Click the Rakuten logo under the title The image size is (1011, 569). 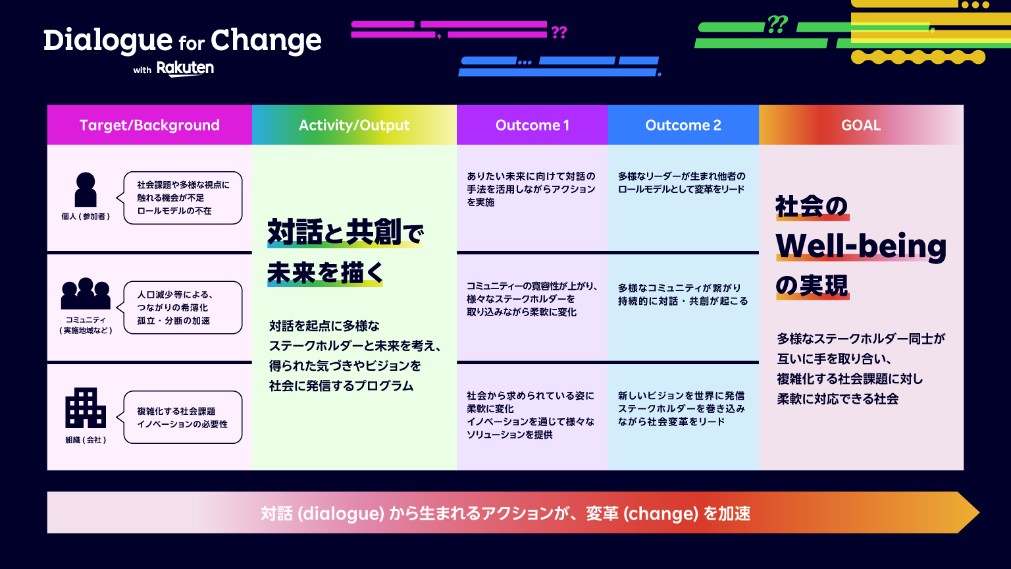click(185, 68)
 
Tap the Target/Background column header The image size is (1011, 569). click(149, 125)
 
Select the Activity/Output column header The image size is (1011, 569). click(354, 125)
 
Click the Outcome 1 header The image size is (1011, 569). click(532, 125)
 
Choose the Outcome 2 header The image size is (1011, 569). click(683, 125)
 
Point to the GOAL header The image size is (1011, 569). click(861, 125)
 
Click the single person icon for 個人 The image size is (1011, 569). click(86, 190)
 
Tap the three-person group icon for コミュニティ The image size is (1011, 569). click(86, 294)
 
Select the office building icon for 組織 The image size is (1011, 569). click(86, 408)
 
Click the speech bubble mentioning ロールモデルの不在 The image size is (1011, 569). click(182, 198)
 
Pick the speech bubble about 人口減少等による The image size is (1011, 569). click(182, 308)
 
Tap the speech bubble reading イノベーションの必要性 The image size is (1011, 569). click(182, 418)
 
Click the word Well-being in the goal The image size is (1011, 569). click(861, 246)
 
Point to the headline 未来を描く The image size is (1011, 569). click(325, 273)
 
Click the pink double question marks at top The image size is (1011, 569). click(559, 32)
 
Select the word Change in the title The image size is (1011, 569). click(266, 41)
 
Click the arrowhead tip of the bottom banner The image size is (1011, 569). click(979, 512)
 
